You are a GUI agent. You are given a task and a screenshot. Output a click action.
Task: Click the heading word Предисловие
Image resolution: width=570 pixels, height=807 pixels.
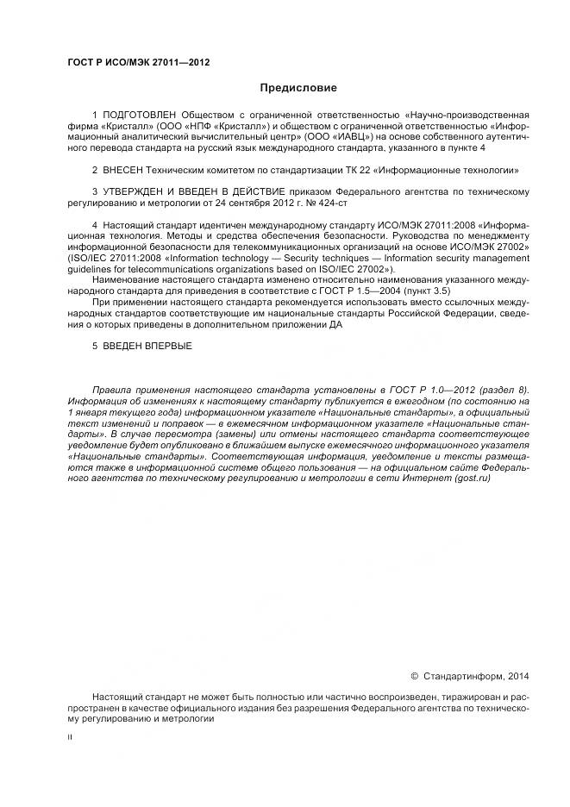(298, 88)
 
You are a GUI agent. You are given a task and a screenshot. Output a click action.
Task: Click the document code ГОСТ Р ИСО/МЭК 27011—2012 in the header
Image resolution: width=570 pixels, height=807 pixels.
(138, 63)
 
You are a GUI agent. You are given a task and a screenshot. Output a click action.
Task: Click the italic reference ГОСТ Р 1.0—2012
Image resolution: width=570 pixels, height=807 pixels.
(417, 391)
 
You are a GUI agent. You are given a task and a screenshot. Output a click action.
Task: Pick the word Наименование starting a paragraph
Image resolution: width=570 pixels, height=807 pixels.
(123, 281)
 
